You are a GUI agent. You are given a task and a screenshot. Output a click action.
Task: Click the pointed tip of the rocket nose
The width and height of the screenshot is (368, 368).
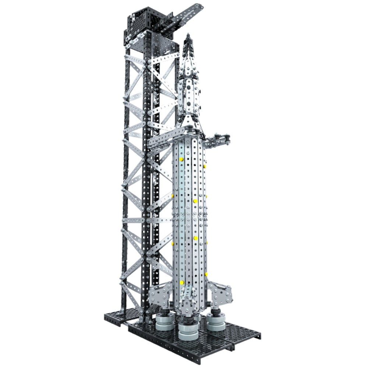(x=188, y=35)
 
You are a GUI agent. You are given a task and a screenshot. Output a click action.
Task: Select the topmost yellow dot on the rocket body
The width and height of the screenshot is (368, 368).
(x=181, y=159)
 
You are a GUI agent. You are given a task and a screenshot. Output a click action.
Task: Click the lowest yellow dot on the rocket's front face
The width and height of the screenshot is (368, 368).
(x=181, y=282)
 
